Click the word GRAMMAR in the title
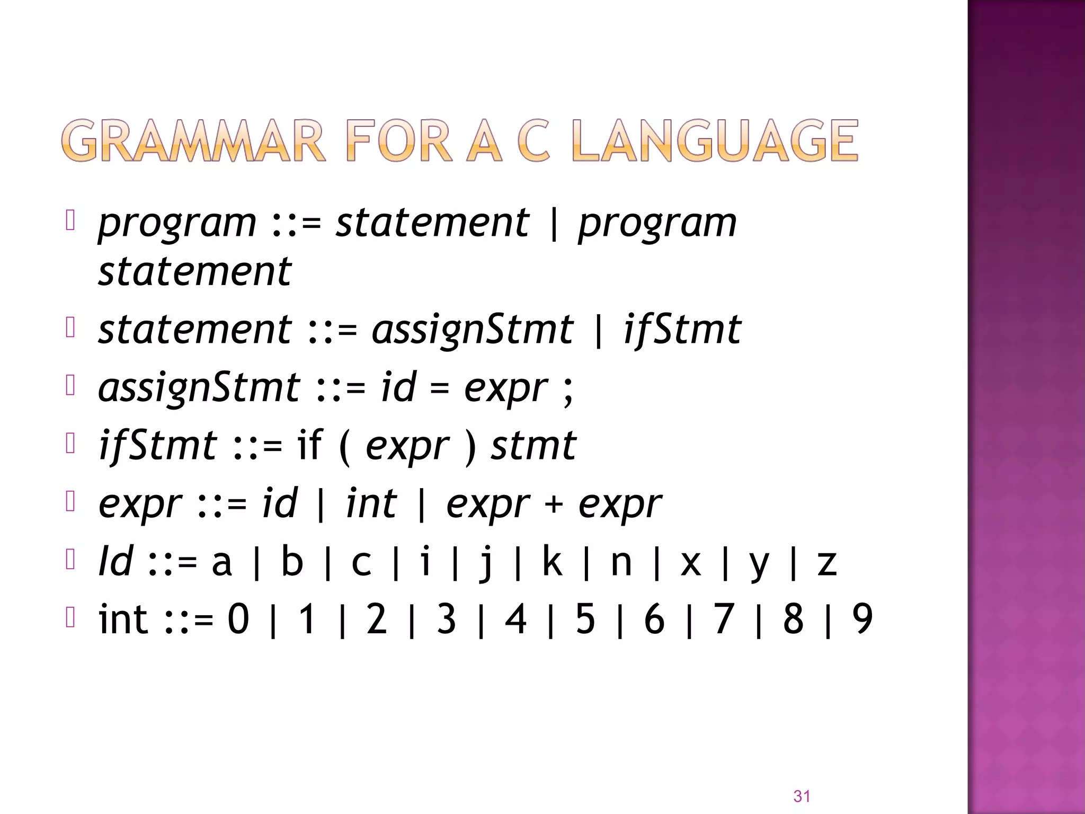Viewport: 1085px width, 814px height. coord(193,140)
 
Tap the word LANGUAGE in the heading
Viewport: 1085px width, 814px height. coord(715,140)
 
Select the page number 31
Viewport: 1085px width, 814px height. coord(802,796)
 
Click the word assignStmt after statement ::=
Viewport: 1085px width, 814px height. coord(472,330)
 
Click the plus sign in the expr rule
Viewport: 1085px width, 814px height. coord(553,503)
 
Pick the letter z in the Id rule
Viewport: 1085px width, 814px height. coord(827,563)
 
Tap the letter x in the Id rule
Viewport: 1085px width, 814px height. coord(691,563)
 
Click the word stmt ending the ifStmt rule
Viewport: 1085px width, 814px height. coord(533,446)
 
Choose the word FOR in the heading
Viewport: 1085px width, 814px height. coord(399,140)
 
